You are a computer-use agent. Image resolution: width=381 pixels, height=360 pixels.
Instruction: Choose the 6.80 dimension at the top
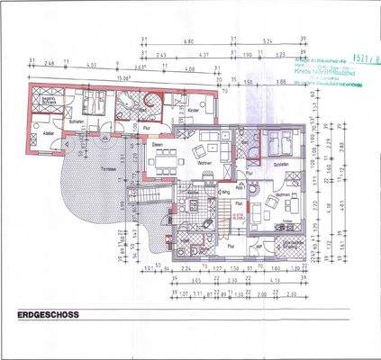(x=187, y=41)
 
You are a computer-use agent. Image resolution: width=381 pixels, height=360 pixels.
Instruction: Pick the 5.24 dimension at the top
(x=268, y=41)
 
